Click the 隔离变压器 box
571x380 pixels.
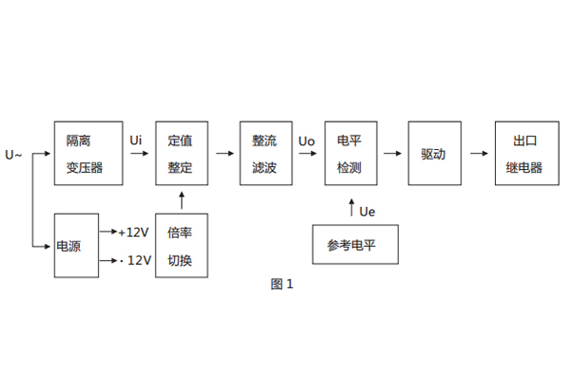tap(89, 154)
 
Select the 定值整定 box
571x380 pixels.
tap(180, 154)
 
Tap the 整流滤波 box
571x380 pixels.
tap(264, 154)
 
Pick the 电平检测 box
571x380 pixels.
tap(349, 154)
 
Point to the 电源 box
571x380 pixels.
tap(74, 246)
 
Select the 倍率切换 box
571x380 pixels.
tap(180, 246)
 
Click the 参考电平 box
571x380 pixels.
tap(352, 245)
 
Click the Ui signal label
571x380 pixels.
tap(136, 141)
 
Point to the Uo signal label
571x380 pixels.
tap(306, 141)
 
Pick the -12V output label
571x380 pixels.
tap(134, 259)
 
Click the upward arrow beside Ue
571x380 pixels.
tap(350, 208)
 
